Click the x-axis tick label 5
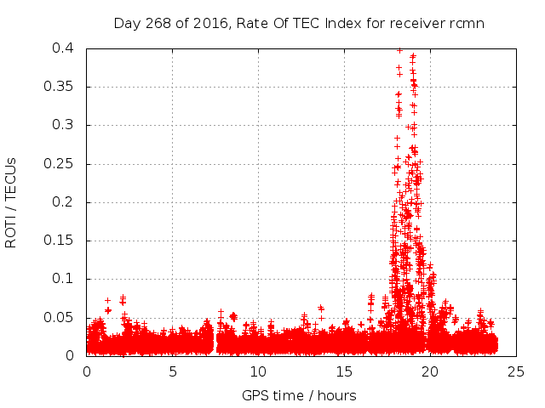(172, 371)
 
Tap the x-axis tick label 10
(258, 371)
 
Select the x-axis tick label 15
(343, 371)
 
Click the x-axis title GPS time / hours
(299, 395)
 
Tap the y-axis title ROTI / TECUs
(11, 202)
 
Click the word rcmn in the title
(467, 24)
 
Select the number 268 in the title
(156, 24)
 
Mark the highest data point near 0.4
(399, 50)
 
